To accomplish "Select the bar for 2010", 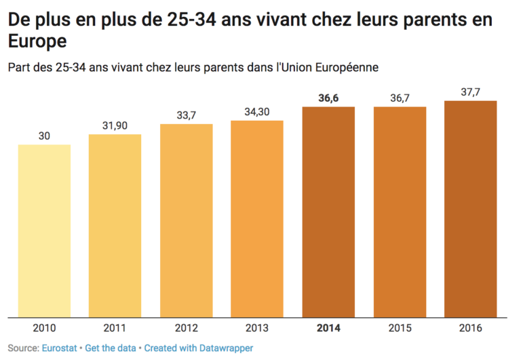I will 44,231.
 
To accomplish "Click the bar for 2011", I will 115,225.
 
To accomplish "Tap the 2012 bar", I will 187,220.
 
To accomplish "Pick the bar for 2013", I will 257,218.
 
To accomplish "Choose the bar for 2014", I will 328,212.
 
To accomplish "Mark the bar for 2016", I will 470,209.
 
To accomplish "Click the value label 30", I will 44,136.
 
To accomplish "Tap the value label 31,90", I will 115,126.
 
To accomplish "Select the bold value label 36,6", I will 328,98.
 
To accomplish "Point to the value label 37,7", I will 470,93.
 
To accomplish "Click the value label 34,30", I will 257,111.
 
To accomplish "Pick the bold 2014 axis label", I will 328,328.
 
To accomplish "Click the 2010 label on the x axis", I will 44,328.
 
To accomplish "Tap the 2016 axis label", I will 470,328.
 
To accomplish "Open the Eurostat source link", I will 60,348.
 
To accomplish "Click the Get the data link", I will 111,348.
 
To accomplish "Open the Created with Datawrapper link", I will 197,348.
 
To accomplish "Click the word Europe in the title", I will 37,41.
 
